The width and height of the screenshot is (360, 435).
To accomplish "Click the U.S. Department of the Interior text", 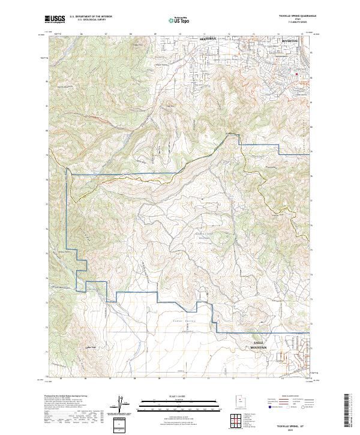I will click(x=90, y=17).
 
